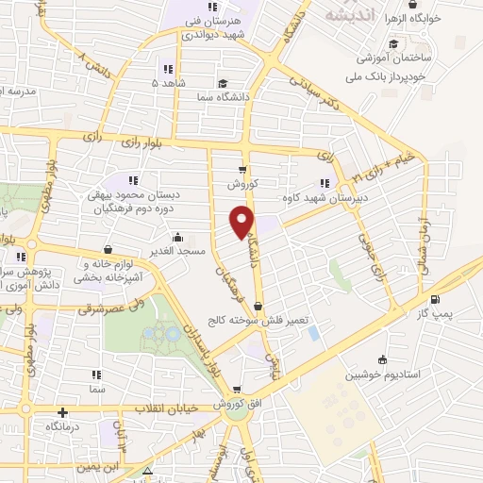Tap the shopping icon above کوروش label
tap(242, 170)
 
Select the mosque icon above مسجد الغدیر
tap(176, 237)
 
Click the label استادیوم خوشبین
tap(381, 375)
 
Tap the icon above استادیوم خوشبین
tap(381, 359)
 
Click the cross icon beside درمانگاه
tap(62, 412)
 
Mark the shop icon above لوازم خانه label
tap(106, 250)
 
